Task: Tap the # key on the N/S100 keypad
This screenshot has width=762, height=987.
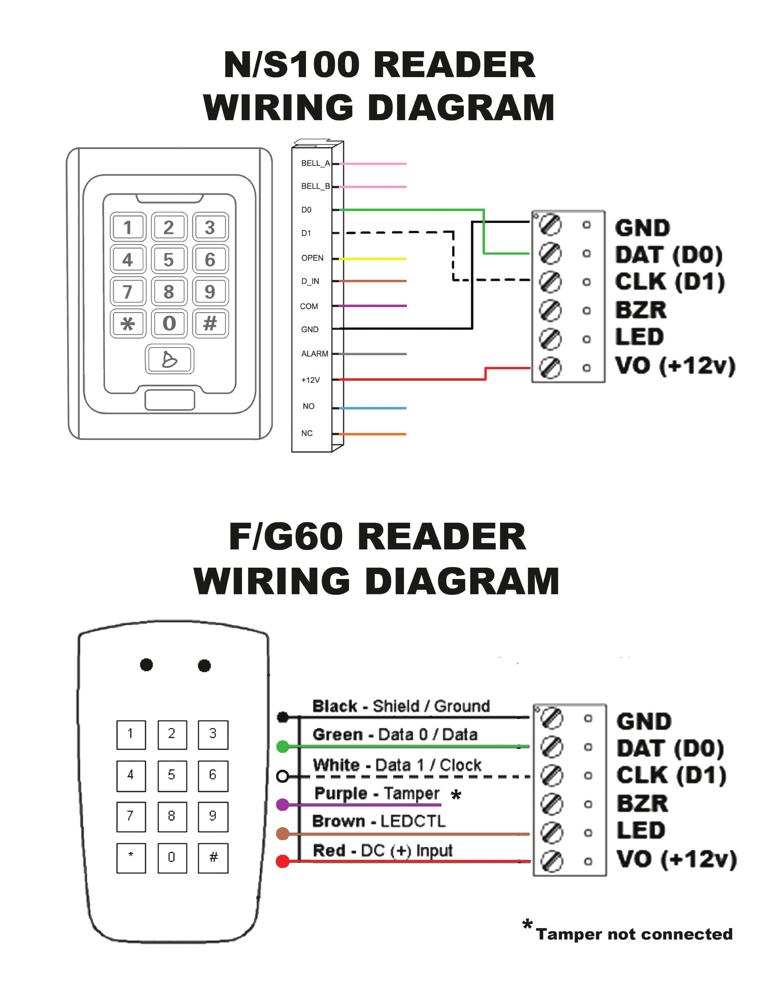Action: [210, 323]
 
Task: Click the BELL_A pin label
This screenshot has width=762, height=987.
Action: [315, 163]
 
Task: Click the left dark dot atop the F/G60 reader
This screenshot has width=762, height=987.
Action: [146, 665]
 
